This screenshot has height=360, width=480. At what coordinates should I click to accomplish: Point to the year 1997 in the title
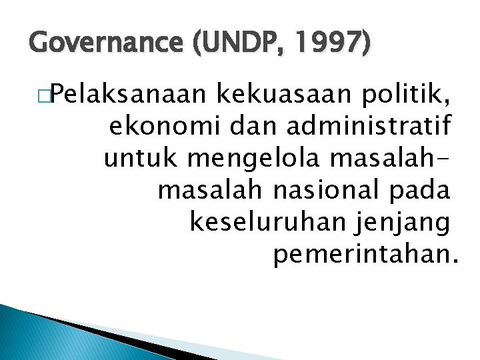(x=325, y=45)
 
